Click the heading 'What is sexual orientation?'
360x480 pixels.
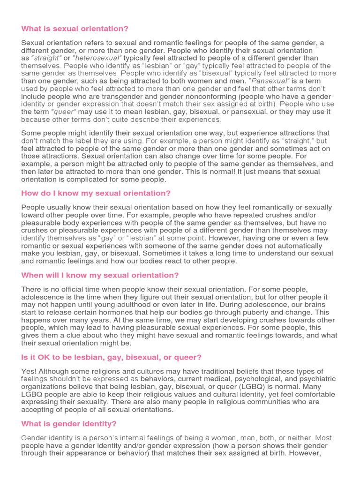pos(75,29)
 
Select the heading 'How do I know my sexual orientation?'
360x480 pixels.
pos(96,193)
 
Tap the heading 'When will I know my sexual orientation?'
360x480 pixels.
pos(100,275)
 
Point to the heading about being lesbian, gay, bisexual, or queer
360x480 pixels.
pos(111,357)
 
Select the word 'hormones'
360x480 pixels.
pos(127,313)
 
